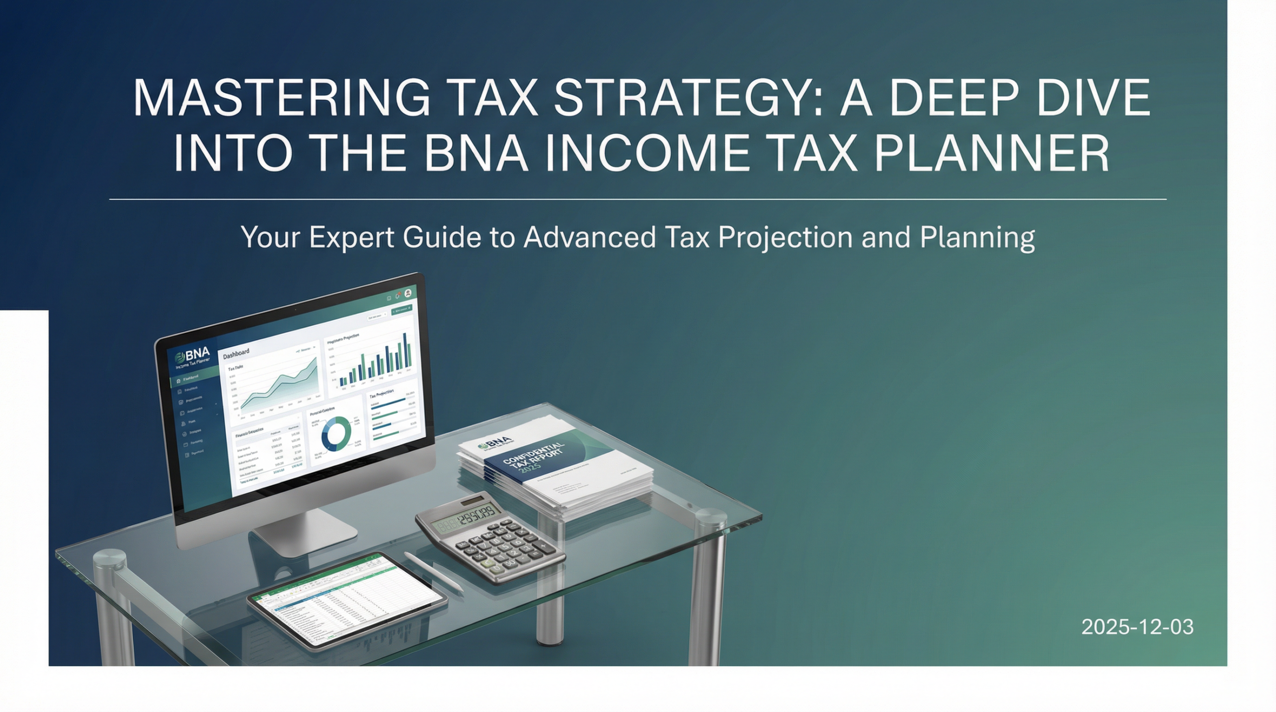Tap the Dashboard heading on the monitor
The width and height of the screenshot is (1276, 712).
tap(236, 354)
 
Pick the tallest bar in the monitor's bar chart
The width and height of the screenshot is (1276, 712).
tap(405, 354)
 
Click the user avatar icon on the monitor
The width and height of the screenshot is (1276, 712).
tap(408, 293)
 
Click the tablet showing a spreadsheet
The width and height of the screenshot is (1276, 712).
tap(346, 600)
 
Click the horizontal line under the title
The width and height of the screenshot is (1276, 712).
tap(638, 199)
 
